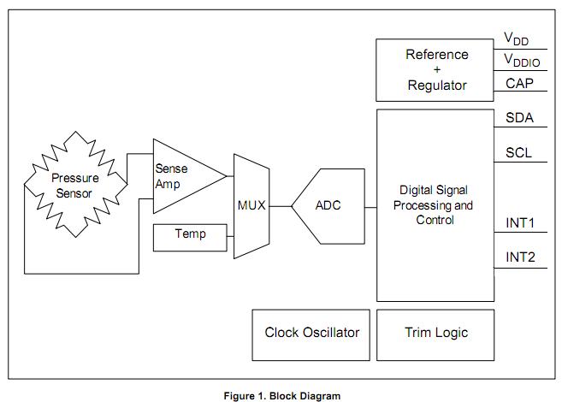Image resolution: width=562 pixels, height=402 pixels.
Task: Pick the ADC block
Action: point(328,206)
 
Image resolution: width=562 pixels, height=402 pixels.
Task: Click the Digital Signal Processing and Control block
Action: point(435,205)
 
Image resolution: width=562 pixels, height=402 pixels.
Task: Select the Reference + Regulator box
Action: point(435,69)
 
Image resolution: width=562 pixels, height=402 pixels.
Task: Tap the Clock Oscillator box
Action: point(311,334)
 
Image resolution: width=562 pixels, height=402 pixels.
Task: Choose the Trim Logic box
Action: point(435,334)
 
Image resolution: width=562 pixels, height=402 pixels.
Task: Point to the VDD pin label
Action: point(516,39)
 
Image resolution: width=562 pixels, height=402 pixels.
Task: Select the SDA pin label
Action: point(519,119)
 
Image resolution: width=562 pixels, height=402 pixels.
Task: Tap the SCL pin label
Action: point(519,153)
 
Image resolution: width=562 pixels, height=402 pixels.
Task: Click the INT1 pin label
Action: point(520,224)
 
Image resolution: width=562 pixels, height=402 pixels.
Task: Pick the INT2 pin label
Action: point(520,257)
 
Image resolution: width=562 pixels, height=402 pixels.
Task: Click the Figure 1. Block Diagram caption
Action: point(281,396)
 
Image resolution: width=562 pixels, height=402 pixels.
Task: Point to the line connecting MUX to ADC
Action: point(281,206)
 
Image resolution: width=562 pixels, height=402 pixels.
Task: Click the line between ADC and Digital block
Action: point(370,206)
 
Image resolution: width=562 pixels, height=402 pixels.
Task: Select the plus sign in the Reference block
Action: point(436,69)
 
